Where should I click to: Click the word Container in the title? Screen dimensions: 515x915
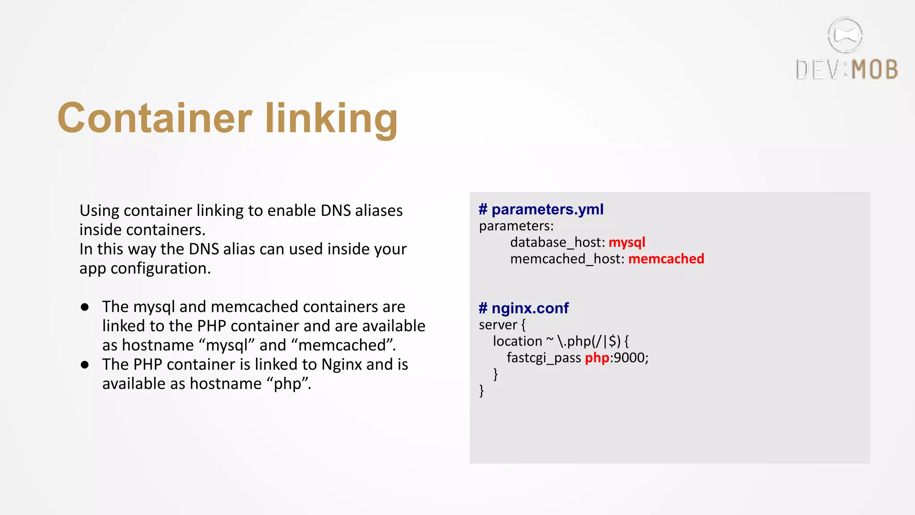tap(155, 118)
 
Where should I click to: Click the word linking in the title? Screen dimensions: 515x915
tap(331, 119)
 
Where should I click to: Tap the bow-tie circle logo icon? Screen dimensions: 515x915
tap(845, 35)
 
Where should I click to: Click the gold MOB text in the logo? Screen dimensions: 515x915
tap(874, 70)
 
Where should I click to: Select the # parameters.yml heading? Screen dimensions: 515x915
tap(541, 209)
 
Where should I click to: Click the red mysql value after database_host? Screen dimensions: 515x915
tap(627, 242)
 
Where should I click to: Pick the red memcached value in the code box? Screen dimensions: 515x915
tap(666, 259)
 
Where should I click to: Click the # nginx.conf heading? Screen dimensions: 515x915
tap(524, 308)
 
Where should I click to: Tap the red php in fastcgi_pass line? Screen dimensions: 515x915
tap(597, 358)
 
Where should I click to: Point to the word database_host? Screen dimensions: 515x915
tap(557, 242)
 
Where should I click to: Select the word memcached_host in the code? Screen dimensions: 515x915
tap(567, 259)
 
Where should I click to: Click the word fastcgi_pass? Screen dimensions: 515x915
tap(543, 358)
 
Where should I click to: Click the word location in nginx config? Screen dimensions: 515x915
tap(517, 341)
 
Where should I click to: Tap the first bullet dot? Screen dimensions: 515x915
tap(85, 307)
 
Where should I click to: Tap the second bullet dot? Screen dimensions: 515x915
tap(85, 365)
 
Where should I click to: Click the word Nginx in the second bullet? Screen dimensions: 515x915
tap(342, 365)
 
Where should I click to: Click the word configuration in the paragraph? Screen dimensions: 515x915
tap(160, 268)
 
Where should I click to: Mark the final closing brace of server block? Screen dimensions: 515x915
tap(481, 391)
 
